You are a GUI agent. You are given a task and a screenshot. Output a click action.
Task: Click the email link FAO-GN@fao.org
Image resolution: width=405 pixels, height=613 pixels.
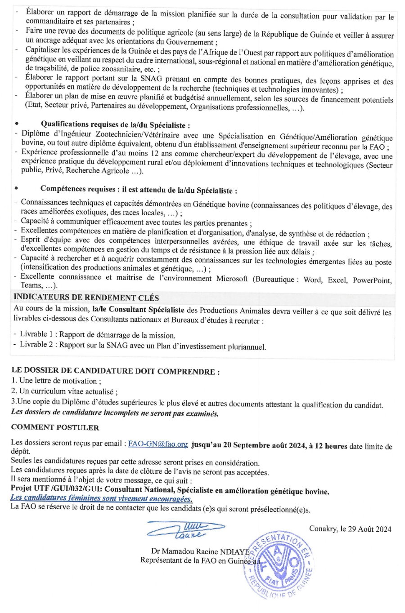(x=157, y=444)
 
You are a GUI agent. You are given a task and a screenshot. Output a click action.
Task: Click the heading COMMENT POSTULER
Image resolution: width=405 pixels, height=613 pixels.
(x=55, y=427)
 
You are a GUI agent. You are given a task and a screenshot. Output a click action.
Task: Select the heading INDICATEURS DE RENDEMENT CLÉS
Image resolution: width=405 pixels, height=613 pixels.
(x=86, y=298)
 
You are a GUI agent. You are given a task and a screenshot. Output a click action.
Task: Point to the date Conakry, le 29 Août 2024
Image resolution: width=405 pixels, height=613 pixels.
(x=350, y=529)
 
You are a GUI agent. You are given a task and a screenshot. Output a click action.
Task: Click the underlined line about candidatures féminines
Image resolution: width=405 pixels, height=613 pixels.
(x=102, y=498)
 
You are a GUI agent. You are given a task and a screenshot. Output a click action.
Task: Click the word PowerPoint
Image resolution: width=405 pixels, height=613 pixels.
(x=372, y=280)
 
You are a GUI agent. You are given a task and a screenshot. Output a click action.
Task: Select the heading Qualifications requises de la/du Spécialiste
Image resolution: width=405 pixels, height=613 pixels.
(x=115, y=124)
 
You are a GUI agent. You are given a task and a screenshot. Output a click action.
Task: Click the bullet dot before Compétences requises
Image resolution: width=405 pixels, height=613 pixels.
(x=17, y=189)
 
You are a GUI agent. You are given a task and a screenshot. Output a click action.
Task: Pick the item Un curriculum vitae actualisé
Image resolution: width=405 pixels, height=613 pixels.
(x=64, y=391)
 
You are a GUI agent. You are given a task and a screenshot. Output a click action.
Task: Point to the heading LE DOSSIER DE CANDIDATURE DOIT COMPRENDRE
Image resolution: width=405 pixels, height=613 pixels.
(x=115, y=371)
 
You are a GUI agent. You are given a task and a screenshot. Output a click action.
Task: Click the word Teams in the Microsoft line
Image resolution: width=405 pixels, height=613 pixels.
(x=30, y=285)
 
